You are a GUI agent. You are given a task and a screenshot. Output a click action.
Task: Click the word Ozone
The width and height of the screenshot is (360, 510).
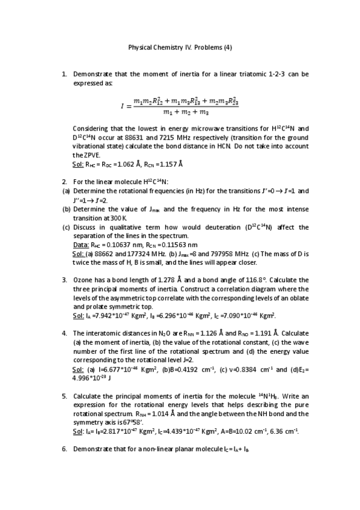tap(84, 280)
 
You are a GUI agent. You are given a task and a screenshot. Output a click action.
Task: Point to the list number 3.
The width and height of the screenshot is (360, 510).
tap(64, 280)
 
